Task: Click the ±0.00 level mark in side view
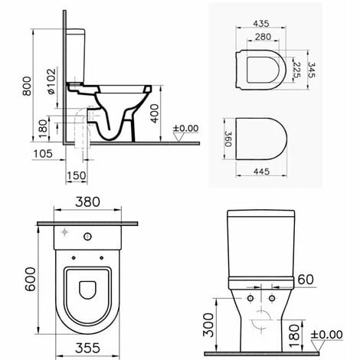pyautogui.click(x=185, y=128)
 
